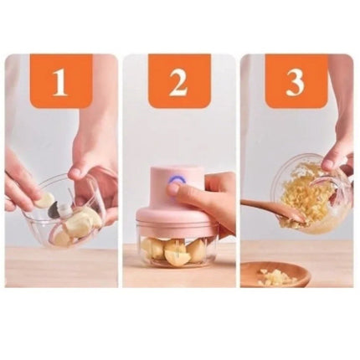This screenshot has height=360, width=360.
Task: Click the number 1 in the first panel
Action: tap(60, 81)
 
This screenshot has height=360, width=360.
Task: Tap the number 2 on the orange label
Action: tap(178, 81)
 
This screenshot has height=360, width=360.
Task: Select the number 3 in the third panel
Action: tap(296, 81)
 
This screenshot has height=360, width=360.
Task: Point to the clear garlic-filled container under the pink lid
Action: tap(177, 246)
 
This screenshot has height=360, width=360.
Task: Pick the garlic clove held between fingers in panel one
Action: tap(46, 200)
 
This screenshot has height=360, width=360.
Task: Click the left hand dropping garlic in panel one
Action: tap(20, 180)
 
